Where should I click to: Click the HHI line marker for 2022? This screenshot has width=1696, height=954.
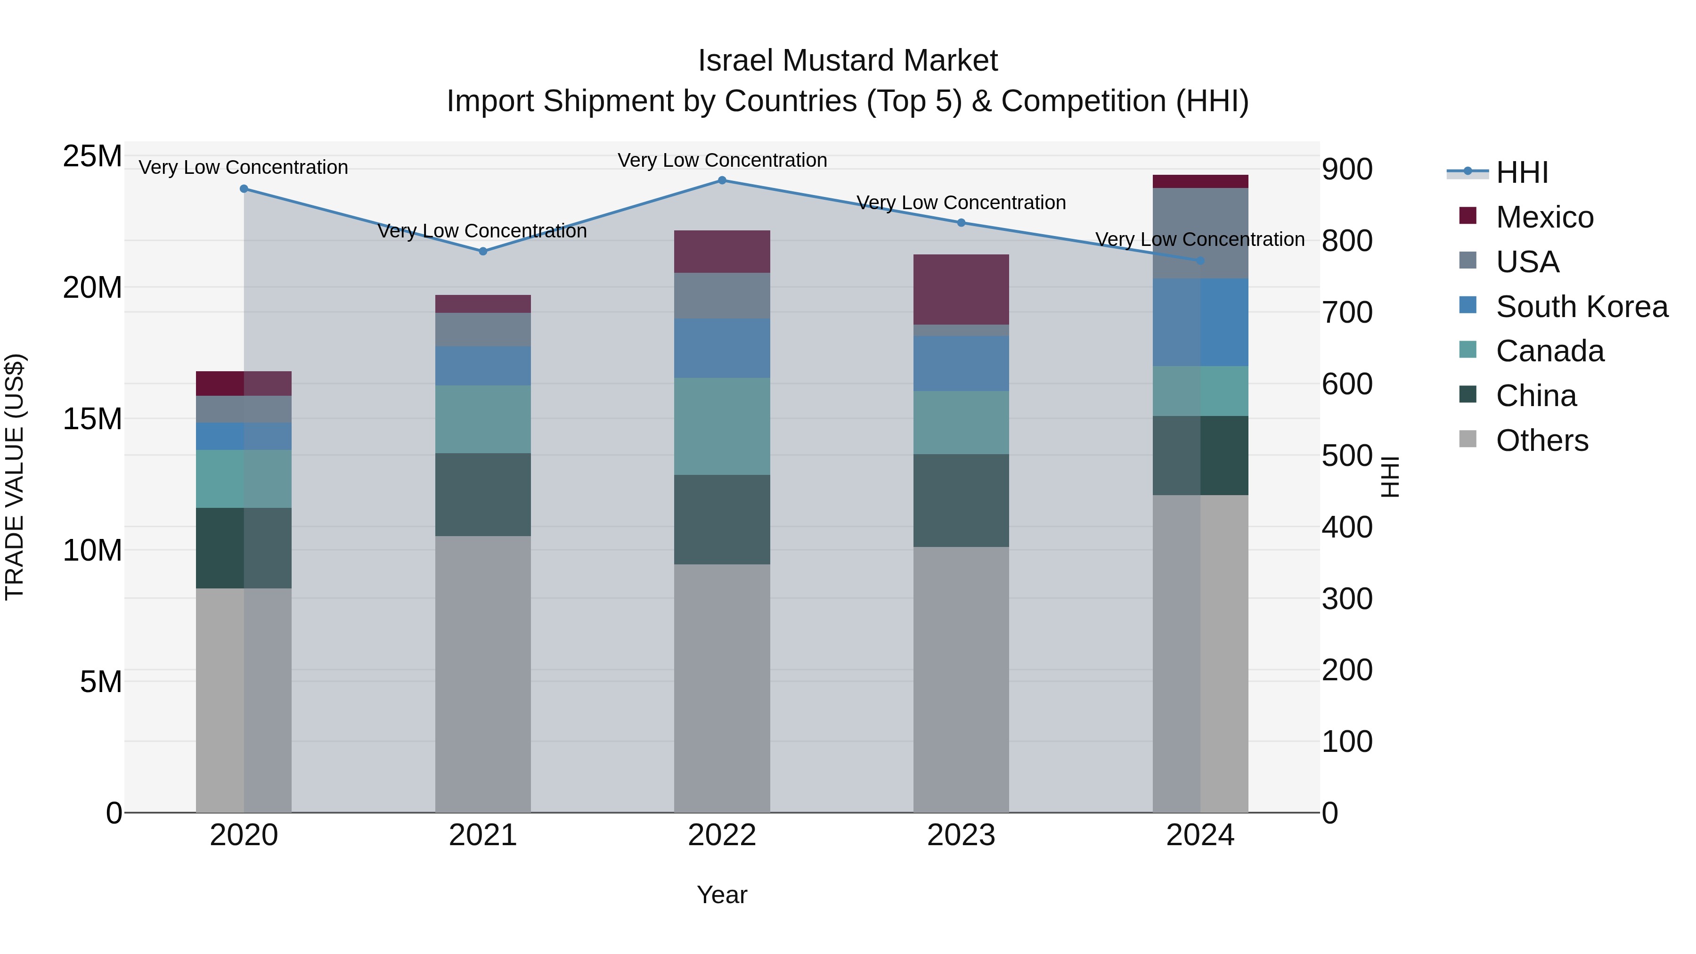click(722, 180)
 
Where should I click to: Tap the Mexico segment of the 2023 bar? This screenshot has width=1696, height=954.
click(961, 289)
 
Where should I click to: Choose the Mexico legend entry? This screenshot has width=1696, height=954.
click(1544, 217)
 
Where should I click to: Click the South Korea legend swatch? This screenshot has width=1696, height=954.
click(1468, 305)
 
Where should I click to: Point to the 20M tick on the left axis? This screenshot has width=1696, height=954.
click(92, 288)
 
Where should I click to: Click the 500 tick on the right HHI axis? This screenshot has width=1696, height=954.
click(1347, 456)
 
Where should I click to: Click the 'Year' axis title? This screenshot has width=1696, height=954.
click(722, 895)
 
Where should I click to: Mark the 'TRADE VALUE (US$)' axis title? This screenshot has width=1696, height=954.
click(15, 477)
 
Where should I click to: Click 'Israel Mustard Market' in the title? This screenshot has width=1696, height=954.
click(848, 61)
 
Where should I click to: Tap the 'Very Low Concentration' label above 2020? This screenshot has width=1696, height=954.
click(243, 167)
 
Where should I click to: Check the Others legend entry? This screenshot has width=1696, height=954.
click(1541, 440)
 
